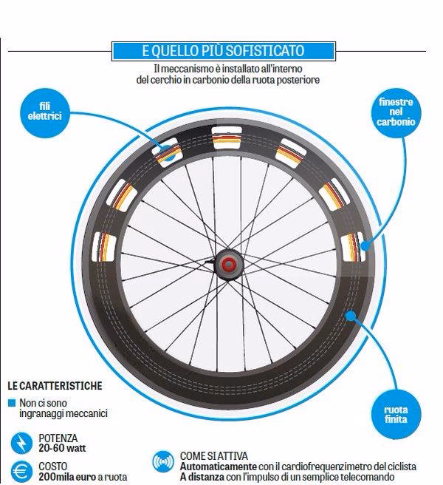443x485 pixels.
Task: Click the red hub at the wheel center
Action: click(x=228, y=264)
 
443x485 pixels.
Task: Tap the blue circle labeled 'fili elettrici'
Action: click(x=45, y=112)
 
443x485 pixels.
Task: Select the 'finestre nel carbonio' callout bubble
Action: click(x=396, y=112)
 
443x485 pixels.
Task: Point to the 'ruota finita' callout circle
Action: click(x=396, y=414)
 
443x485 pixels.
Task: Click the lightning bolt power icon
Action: click(x=21, y=444)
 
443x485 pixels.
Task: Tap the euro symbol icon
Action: click(x=21, y=472)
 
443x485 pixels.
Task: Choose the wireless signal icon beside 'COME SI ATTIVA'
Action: click(x=163, y=461)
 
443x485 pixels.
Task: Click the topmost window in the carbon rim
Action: click(x=227, y=138)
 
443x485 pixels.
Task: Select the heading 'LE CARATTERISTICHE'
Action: click(x=55, y=386)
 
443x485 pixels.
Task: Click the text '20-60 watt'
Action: click(x=62, y=448)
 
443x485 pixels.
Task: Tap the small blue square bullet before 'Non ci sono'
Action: click(x=12, y=403)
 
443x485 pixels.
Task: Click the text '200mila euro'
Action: click(x=67, y=477)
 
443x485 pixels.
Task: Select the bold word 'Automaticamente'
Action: click(x=218, y=467)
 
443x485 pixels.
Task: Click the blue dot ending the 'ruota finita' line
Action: click(x=350, y=316)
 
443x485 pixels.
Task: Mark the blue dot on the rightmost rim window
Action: click(x=365, y=246)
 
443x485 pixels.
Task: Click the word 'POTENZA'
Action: click(x=58, y=438)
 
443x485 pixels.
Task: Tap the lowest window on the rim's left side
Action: click(x=104, y=247)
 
